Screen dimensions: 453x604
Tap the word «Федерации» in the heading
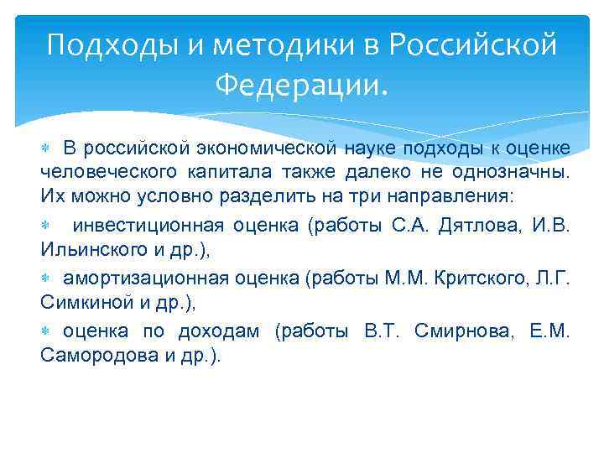[301, 84]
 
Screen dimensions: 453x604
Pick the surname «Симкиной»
[87, 302]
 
